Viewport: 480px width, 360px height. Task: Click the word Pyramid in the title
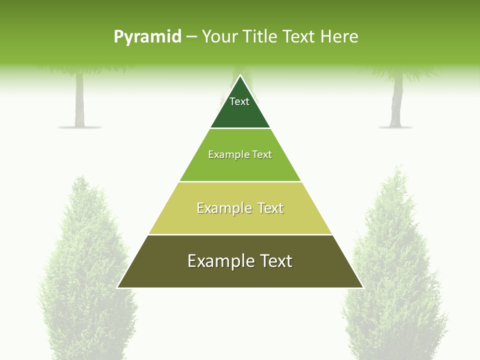coord(147,37)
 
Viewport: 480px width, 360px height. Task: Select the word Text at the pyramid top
coord(239,101)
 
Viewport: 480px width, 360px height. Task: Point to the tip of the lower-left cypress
coord(80,177)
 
